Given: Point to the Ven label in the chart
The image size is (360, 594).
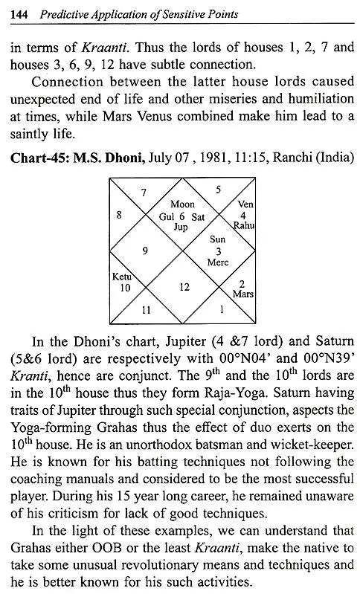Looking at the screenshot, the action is pyautogui.click(x=245, y=204).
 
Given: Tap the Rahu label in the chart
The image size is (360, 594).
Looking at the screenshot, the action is pyautogui.click(x=245, y=225).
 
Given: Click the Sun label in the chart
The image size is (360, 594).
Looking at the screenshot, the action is pyautogui.click(x=217, y=240).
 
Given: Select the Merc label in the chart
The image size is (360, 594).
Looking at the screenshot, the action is pyautogui.click(x=217, y=262).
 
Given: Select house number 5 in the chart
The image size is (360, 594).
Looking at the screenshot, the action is pyautogui.click(x=216, y=191).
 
